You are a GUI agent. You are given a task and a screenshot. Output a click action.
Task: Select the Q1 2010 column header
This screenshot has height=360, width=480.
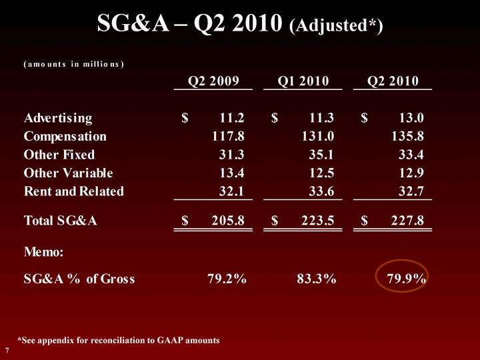(303, 81)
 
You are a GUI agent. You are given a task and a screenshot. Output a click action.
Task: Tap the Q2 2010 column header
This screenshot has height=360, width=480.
(393, 81)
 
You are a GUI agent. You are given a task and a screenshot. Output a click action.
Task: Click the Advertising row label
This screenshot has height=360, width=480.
(58, 119)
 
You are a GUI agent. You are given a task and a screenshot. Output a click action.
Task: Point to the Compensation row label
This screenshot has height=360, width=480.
(65, 137)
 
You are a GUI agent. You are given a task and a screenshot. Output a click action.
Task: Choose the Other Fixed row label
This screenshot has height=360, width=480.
(59, 155)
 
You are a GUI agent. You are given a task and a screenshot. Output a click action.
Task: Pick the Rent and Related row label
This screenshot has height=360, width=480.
(74, 191)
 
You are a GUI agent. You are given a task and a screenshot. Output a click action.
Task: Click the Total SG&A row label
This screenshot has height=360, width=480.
(61, 220)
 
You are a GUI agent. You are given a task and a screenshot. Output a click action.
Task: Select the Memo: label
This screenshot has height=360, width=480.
(44, 252)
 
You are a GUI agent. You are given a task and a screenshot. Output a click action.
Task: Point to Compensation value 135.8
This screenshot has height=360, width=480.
(407, 137)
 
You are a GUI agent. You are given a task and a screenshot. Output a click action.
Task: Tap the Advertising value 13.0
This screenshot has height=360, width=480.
(410, 119)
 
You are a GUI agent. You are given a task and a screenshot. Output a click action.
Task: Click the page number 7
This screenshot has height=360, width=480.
(7, 350)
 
